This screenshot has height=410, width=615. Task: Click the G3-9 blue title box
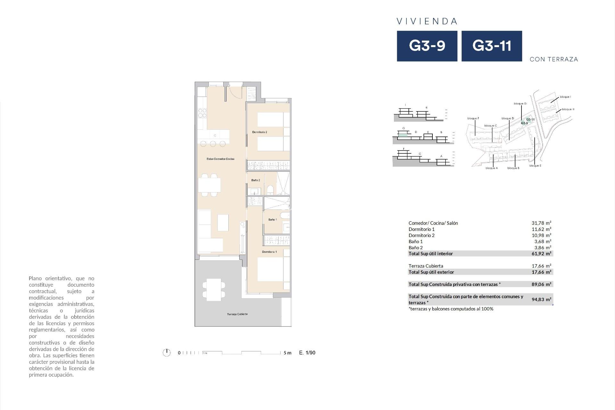(427, 46)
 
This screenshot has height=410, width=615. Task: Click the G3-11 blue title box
(492, 46)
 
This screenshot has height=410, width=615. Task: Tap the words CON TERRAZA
(554, 59)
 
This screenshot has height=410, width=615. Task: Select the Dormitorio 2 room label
(259, 132)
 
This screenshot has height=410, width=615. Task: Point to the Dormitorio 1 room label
(269, 252)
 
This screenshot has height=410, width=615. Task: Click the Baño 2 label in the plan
(256, 180)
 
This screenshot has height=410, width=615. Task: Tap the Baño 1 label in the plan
(273, 220)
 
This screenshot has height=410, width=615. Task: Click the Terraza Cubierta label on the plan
(237, 314)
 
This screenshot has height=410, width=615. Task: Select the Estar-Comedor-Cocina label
(220, 159)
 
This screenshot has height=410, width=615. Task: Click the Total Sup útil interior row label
(430, 254)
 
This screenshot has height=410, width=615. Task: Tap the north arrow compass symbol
(167, 353)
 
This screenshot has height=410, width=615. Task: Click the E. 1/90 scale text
(307, 353)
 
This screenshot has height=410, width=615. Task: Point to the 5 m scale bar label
(287, 353)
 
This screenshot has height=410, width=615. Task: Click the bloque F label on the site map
(473, 119)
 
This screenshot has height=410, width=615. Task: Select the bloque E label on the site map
(535, 166)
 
